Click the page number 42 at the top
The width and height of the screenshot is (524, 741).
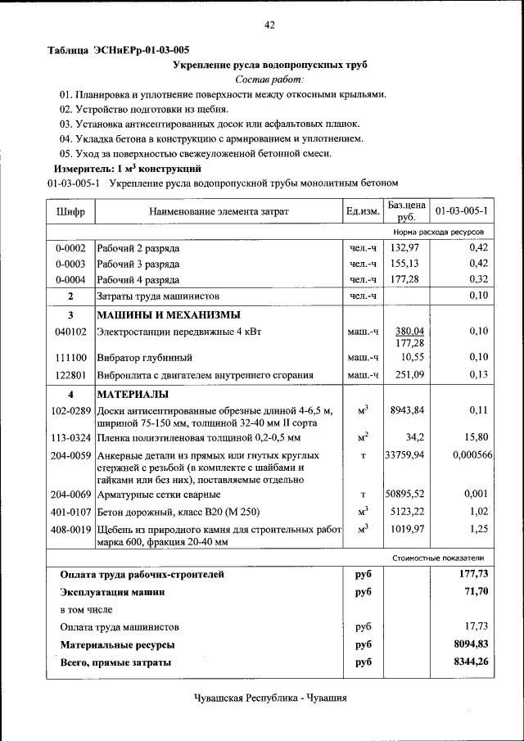(269, 25)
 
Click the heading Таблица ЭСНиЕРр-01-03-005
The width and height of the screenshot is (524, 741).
(119, 50)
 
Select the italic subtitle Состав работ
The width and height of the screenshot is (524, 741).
(269, 79)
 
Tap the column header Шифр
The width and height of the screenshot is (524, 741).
(70, 212)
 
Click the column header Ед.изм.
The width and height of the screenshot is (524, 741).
(363, 212)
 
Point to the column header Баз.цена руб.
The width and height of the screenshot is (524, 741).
(407, 211)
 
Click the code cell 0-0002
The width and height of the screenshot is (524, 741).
(70, 248)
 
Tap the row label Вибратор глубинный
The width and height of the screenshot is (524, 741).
(145, 358)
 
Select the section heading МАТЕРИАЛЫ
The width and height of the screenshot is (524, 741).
(133, 395)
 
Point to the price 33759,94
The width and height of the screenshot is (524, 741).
(406, 454)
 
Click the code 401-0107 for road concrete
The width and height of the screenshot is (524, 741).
(70, 512)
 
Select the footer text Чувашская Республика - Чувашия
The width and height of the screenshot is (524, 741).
(270, 698)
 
